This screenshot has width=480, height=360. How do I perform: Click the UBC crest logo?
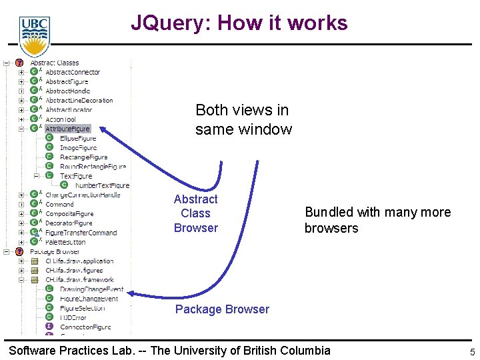tap(33, 35)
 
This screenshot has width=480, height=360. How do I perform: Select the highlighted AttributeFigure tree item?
tap(67, 129)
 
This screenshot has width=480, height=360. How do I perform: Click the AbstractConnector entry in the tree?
tap(72, 72)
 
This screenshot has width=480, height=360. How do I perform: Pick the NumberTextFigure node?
tap(102, 185)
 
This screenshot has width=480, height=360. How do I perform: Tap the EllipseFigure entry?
tap(78, 138)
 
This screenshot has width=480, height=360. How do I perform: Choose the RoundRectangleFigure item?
tap(93, 167)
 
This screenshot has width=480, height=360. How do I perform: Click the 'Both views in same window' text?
tap(243, 119)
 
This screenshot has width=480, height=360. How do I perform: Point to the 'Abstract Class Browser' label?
tap(195, 213)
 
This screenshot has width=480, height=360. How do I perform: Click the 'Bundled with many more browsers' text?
tap(377, 220)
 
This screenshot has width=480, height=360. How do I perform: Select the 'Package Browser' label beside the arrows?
tap(222, 309)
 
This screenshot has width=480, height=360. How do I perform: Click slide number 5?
tap(472, 353)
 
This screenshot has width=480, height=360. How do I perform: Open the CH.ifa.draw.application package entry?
tap(79, 261)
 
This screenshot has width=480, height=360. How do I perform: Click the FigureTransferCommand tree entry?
tap(81, 233)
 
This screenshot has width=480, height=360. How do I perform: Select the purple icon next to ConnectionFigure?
tap(49, 327)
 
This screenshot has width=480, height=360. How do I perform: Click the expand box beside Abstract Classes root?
tap(6, 63)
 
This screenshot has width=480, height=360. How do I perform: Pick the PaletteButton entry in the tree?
tap(65, 242)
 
